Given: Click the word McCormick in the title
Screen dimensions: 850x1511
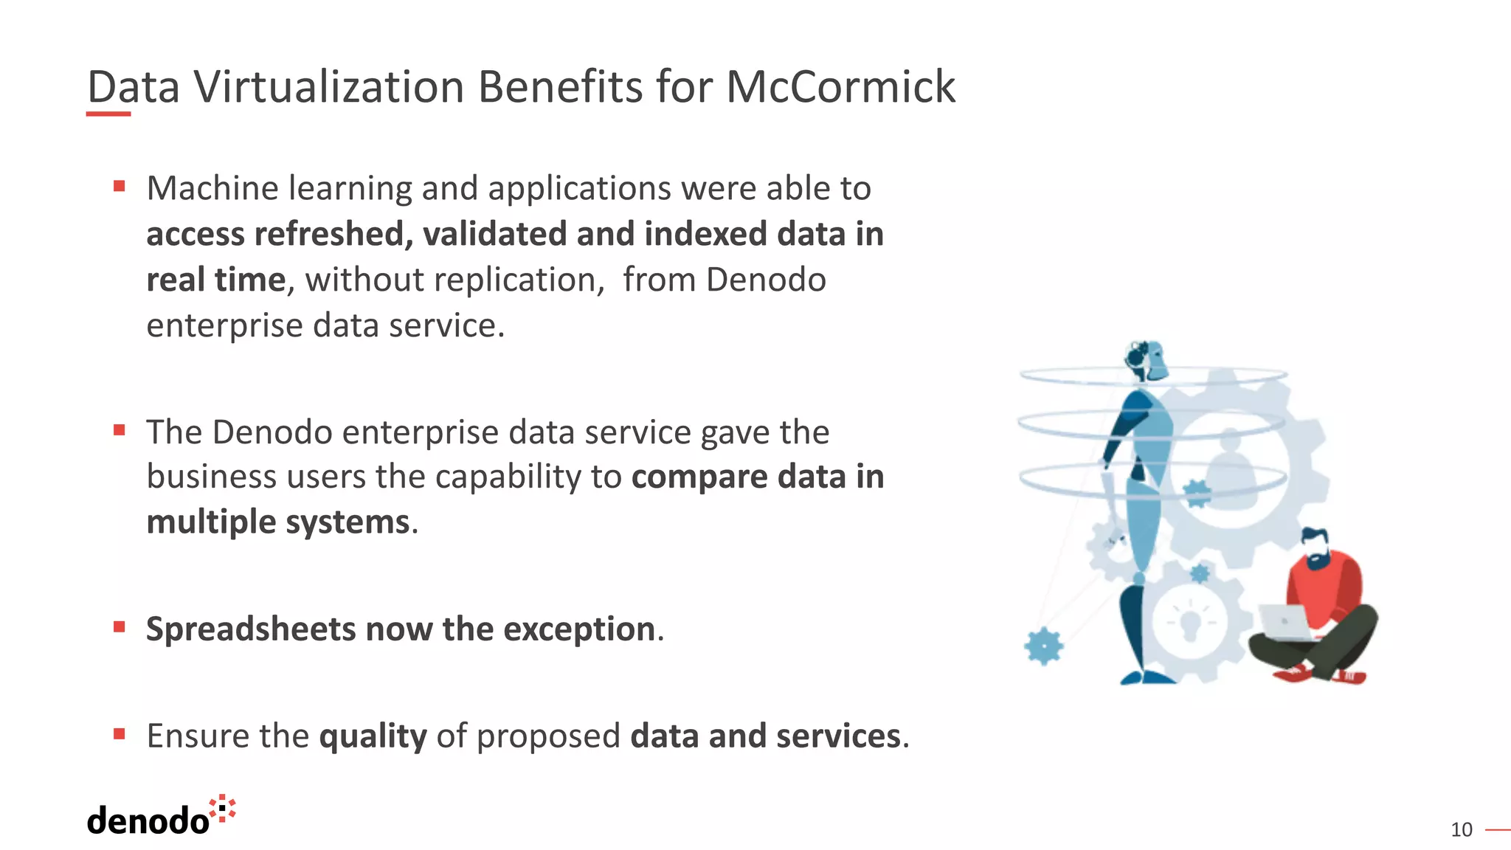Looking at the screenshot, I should (840, 87).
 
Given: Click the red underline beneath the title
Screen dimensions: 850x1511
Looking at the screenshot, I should (108, 114).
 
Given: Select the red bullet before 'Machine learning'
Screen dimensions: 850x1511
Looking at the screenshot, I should (120, 186).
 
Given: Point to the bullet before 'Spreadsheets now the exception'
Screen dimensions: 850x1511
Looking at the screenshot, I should (120, 627).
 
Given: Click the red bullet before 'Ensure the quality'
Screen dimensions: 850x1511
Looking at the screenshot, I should (120, 733).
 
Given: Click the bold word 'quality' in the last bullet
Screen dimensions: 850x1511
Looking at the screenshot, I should (373, 736).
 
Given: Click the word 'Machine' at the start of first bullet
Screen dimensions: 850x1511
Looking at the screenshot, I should (212, 188).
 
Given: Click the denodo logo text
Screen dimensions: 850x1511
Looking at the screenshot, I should (148, 821).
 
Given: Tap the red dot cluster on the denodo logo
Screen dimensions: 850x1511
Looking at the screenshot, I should (222, 808).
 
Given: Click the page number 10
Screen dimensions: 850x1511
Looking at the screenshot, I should (1461, 830).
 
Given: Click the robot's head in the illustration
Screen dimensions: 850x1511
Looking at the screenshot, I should (1146, 360).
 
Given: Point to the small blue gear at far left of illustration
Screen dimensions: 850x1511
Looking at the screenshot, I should (1044, 646).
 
